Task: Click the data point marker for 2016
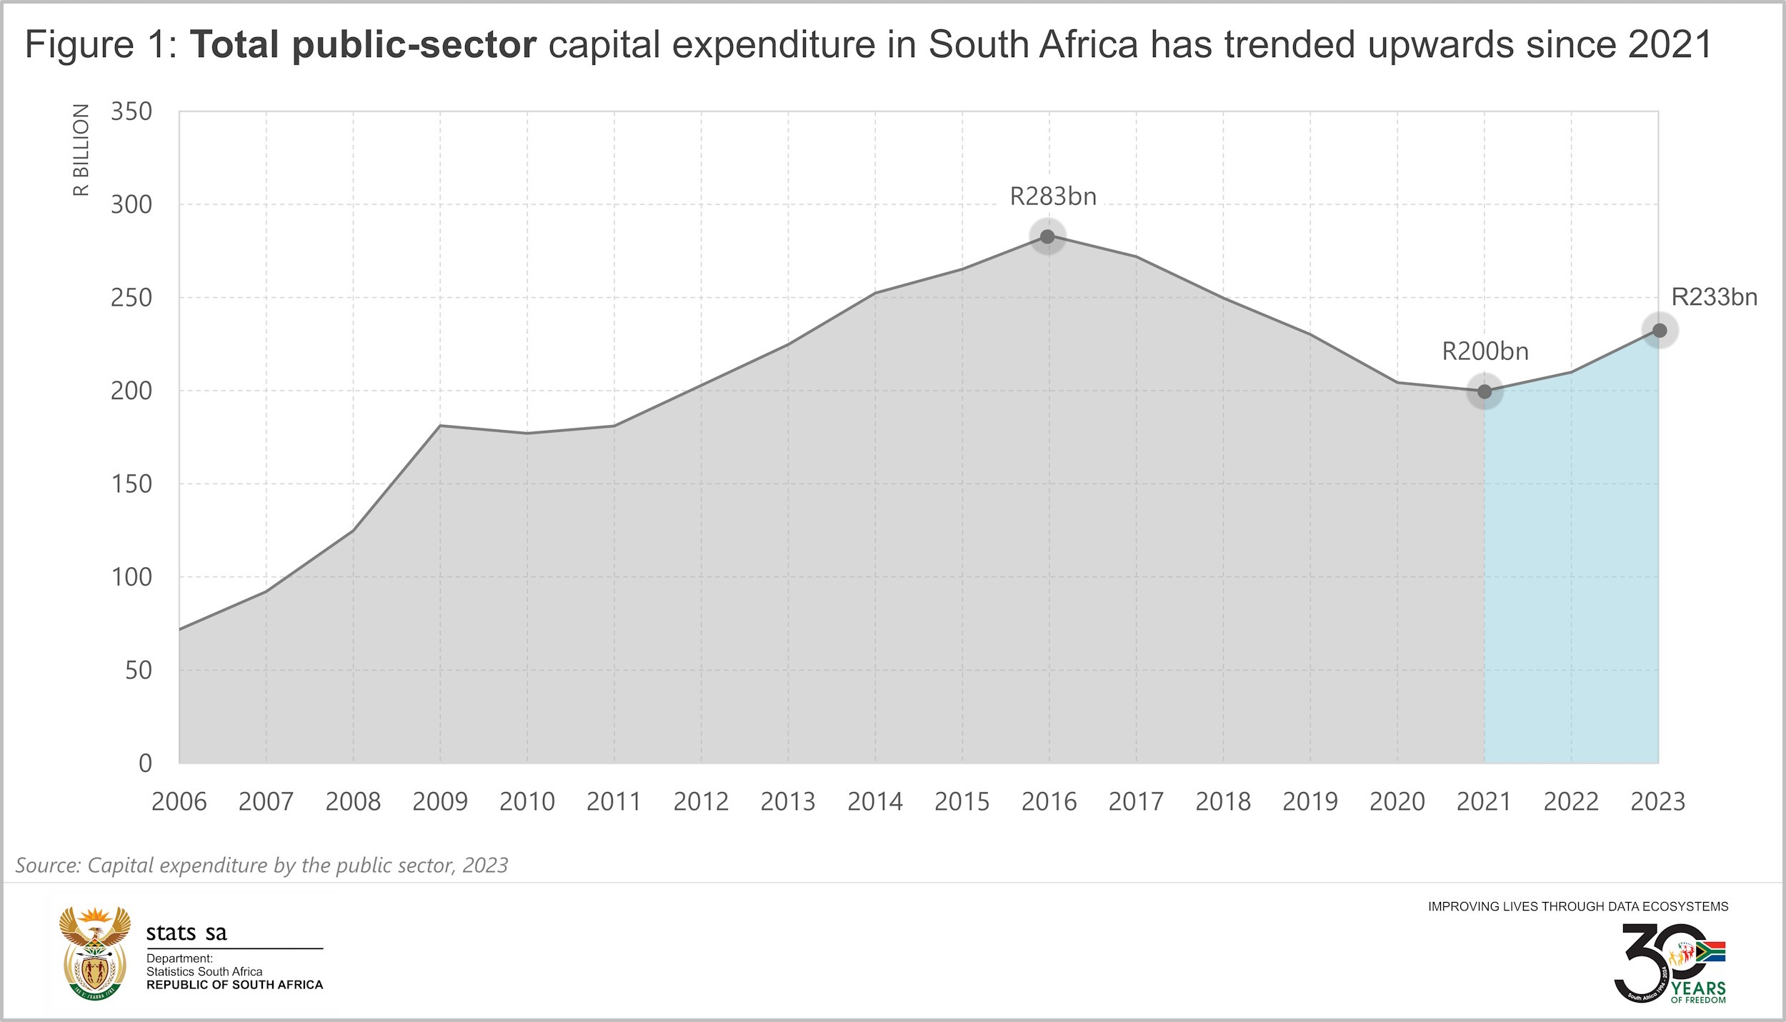coord(1047,236)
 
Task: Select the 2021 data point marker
coord(1485,391)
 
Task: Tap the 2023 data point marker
coord(1660,331)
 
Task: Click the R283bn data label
coord(1052,196)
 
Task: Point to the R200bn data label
coord(1485,351)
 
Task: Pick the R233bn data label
coord(1714,297)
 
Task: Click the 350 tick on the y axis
coord(131,111)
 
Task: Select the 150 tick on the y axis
coord(131,484)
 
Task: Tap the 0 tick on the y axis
coord(145,763)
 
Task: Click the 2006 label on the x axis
coord(179,802)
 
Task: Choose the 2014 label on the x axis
coord(874,802)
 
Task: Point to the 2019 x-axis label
coord(1309,802)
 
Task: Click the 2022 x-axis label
coord(1571,802)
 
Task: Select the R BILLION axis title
coord(81,150)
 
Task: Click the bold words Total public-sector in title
coord(363,44)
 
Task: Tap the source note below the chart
coord(261,866)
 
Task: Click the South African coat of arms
coord(94,953)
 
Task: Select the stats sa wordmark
coord(186,933)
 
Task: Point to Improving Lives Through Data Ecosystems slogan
coord(1577,907)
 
